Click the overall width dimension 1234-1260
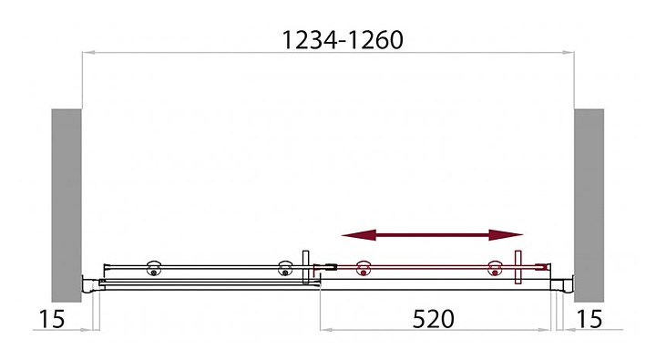pos(343,40)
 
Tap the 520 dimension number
pos(433,319)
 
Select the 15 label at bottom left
pos(52,319)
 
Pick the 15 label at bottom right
pos(589,319)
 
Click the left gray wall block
pos(67,205)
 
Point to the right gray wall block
pos(589,205)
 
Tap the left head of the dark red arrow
pos(358,235)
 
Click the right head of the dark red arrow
pos(507,235)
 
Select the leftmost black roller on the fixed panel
pos(154,268)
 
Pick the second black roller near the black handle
pos(285,268)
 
